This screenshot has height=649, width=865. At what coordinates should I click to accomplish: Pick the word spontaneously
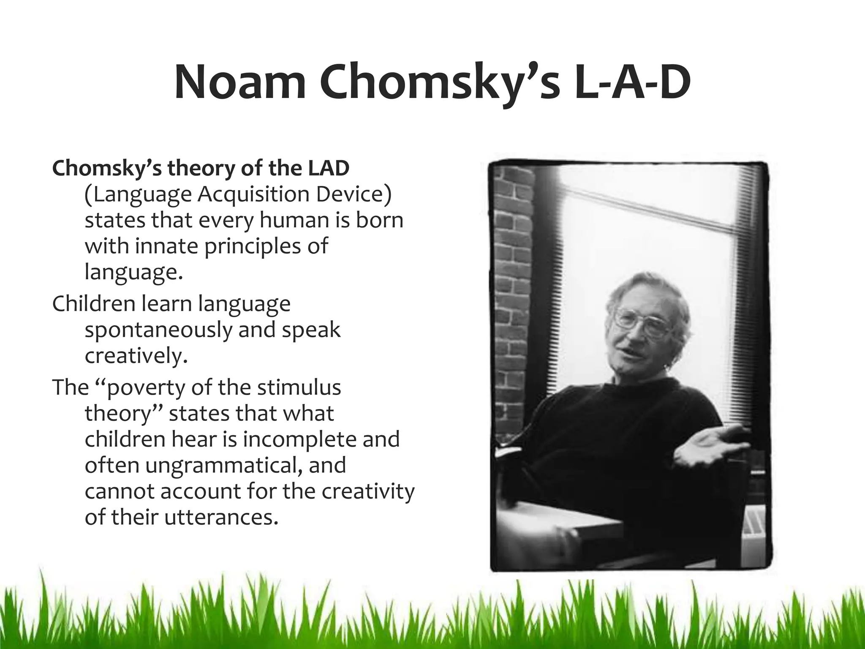(158, 330)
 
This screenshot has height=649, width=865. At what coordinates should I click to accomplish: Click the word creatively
(135, 356)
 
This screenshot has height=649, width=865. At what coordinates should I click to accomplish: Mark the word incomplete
(293, 439)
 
